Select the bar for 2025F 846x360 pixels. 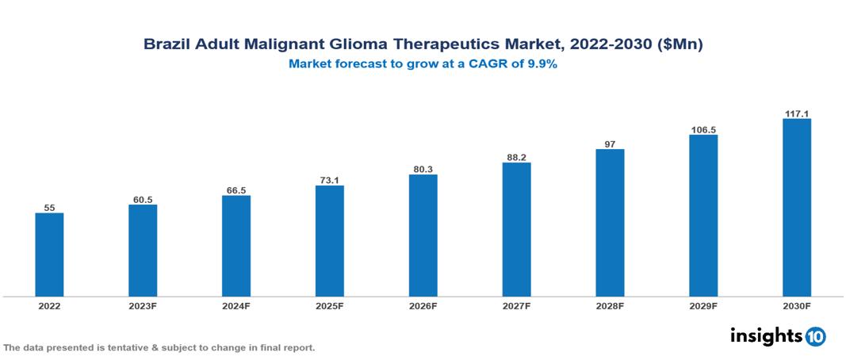click(329, 241)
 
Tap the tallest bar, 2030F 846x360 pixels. click(796, 208)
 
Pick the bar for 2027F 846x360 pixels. click(516, 230)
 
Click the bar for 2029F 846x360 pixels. click(703, 216)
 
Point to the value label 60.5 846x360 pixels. click(143, 199)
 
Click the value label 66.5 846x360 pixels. click(236, 190)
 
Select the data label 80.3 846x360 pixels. click(423, 168)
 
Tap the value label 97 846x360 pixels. click(610, 144)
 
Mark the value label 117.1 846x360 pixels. click(796, 113)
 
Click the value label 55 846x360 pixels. click(49, 207)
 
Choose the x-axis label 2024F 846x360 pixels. click(236, 305)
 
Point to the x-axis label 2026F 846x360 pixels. click(423, 305)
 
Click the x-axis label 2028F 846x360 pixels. click(610, 305)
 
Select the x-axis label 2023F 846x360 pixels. click(143, 305)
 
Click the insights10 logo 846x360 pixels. click(778, 336)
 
